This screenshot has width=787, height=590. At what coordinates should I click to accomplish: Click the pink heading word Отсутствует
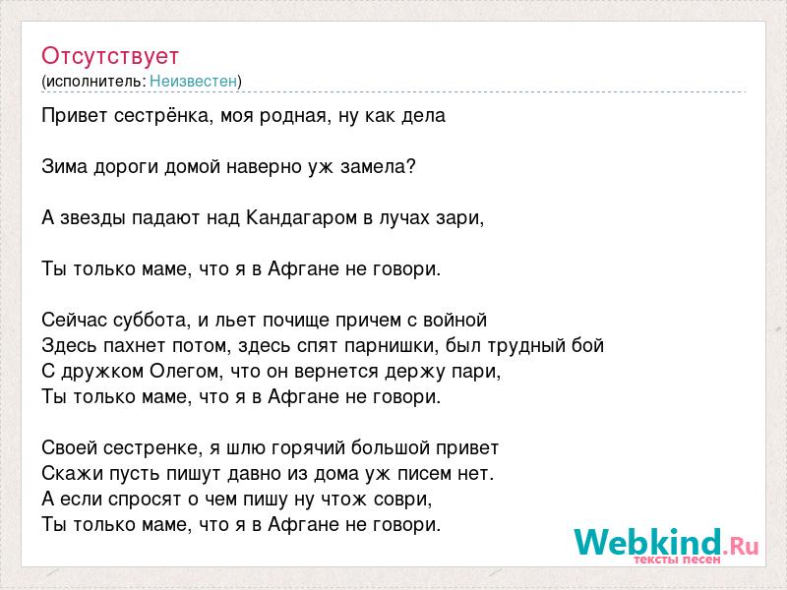click(110, 56)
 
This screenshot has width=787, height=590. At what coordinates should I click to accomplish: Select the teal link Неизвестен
click(193, 81)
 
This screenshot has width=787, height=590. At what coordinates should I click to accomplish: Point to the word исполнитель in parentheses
click(95, 82)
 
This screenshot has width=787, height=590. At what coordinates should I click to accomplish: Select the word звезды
click(92, 218)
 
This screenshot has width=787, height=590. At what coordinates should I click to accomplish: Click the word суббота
click(152, 321)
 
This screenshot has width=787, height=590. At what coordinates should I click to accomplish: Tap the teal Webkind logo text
click(648, 543)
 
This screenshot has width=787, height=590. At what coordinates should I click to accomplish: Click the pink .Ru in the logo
click(741, 546)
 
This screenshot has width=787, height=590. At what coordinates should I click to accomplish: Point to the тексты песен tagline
click(677, 560)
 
